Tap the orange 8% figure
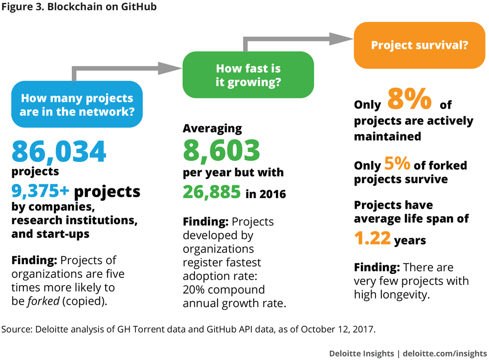coord(410,99)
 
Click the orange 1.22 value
coord(373,238)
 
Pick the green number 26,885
coord(212,193)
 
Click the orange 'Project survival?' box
coord(420,45)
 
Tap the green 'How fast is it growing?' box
coord(248,75)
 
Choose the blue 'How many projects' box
coord(77,104)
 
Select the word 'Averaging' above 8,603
coord(212,129)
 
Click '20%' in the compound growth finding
coord(195,289)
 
